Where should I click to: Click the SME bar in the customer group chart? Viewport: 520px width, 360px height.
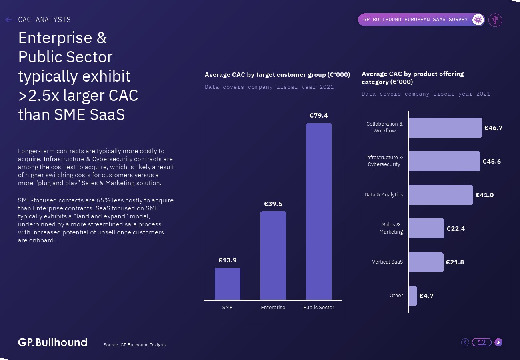click(228, 284)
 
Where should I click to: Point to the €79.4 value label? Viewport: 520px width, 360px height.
click(319, 116)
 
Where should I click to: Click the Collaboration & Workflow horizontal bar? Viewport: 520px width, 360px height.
click(445, 128)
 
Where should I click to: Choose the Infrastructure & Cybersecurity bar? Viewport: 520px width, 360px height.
click(444, 161)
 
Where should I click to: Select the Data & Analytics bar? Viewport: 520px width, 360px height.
click(440, 195)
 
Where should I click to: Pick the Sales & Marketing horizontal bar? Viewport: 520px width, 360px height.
click(426, 228)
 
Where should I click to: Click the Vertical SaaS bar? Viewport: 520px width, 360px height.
click(426, 262)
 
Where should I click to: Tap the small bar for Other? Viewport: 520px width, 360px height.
click(412, 296)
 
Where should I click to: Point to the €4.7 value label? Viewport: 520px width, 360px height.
click(426, 296)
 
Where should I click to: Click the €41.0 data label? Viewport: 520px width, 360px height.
click(484, 195)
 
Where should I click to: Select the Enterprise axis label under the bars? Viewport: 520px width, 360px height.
click(273, 308)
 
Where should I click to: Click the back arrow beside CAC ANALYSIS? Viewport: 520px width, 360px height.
click(9, 20)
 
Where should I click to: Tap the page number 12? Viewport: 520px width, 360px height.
click(482, 342)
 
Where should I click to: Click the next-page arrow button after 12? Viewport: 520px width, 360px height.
click(498, 342)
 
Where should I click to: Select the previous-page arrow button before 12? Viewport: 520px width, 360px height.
click(465, 342)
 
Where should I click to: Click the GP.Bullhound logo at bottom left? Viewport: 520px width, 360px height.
click(52, 342)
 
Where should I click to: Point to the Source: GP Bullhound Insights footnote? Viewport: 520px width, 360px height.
click(135, 345)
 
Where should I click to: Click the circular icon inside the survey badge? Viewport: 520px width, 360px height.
click(478, 20)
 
